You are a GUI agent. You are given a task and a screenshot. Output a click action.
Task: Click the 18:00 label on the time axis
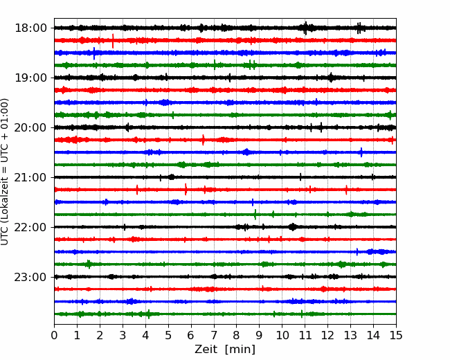click(30, 28)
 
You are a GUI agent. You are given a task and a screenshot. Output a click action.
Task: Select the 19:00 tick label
click(30, 78)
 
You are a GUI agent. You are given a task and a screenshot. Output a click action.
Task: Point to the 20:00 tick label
click(30, 127)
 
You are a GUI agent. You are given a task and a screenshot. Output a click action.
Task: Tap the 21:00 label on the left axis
click(30, 177)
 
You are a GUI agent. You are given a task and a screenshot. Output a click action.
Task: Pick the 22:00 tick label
click(30, 227)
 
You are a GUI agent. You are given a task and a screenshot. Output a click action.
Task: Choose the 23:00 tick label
click(30, 277)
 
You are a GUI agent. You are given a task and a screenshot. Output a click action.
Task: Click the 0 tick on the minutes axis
click(54, 335)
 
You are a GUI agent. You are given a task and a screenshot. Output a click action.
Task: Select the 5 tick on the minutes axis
click(168, 335)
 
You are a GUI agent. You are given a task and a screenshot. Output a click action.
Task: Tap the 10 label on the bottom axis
click(282, 335)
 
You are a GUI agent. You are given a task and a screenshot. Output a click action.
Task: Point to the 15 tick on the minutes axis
click(396, 335)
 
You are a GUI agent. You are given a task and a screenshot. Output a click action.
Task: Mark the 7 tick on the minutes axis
click(214, 335)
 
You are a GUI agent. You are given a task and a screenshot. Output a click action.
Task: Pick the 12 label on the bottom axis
click(327, 335)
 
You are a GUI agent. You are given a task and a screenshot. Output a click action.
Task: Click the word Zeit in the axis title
click(206, 349)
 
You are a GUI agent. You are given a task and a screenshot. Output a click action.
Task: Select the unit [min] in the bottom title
click(240, 350)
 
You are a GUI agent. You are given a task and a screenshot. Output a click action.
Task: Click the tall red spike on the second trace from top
click(113, 41)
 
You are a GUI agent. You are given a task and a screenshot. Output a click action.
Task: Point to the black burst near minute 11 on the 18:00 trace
click(305, 28)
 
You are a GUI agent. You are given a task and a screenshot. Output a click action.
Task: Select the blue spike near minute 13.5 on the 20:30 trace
click(361, 152)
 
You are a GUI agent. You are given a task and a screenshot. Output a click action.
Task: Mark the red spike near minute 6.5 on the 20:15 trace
click(203, 140)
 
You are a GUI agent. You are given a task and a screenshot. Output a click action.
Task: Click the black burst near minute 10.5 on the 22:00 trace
click(292, 227)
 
